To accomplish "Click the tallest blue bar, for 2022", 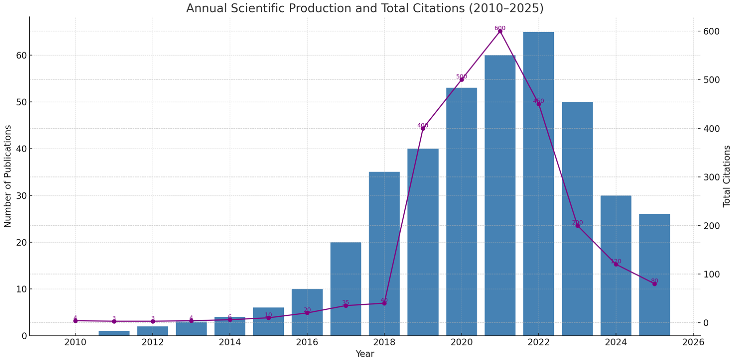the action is (538, 184).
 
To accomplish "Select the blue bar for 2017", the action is (345, 289).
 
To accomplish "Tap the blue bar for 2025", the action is (654, 275).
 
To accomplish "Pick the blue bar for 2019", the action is (423, 242).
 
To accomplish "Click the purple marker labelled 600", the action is (500, 31).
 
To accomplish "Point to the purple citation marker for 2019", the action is (423, 128).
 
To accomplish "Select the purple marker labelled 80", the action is (654, 284).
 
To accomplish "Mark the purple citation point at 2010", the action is (75, 321).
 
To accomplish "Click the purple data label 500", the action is (461, 76).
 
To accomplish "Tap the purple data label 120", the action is (616, 261).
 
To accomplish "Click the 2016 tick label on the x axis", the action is (307, 342).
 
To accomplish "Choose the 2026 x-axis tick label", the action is (693, 342).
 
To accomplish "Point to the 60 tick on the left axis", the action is (21, 55).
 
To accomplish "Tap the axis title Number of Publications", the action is (7, 176).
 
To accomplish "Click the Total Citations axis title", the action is (727, 176).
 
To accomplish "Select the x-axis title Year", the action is (365, 354).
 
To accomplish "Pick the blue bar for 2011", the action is (114, 333).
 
